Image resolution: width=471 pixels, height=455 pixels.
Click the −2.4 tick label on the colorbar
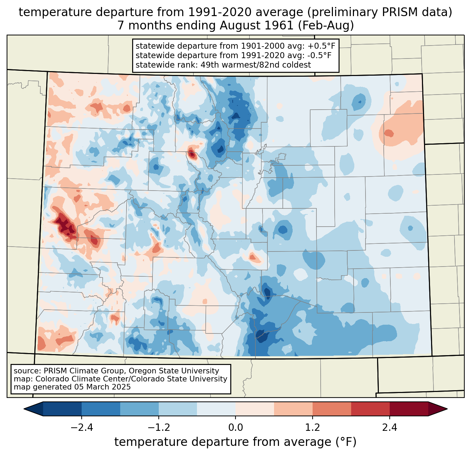pyautogui.click(x=82, y=428)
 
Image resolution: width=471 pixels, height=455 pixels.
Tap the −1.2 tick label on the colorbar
pyautogui.click(x=159, y=428)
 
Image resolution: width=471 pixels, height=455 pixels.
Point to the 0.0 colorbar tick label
pyautogui.click(x=235, y=428)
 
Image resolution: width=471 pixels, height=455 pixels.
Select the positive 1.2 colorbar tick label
pyautogui.click(x=313, y=428)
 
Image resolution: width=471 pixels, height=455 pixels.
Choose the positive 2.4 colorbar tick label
pyautogui.click(x=389, y=428)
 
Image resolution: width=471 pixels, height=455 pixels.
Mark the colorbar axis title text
pyautogui.click(x=235, y=442)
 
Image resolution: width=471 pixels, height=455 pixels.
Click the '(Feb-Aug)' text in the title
pyautogui.click(x=327, y=26)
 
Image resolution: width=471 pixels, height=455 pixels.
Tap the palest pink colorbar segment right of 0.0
pyautogui.click(x=255, y=409)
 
